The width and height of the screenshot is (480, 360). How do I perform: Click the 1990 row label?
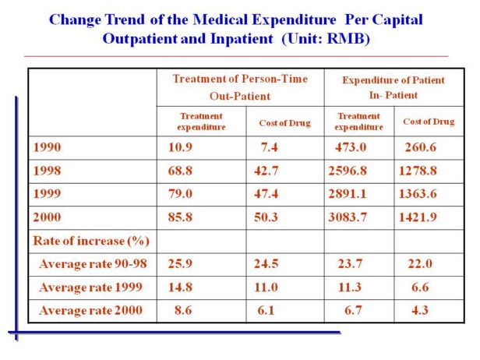[x=46, y=147]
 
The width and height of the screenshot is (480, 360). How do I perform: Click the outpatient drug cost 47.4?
[x=266, y=193]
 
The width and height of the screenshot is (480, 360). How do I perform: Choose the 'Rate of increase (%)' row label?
[x=90, y=240]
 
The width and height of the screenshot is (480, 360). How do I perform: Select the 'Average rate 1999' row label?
[x=91, y=288]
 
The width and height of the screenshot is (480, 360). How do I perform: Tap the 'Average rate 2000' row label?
[x=92, y=311]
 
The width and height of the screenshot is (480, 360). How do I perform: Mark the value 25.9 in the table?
[x=179, y=263]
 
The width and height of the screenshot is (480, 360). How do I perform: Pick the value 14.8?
[x=179, y=288]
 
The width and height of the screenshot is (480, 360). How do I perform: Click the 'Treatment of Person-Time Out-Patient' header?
[x=239, y=86]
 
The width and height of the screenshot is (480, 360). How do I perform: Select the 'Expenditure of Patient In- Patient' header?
[x=393, y=86]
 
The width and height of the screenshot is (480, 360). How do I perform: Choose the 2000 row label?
[x=46, y=217]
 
